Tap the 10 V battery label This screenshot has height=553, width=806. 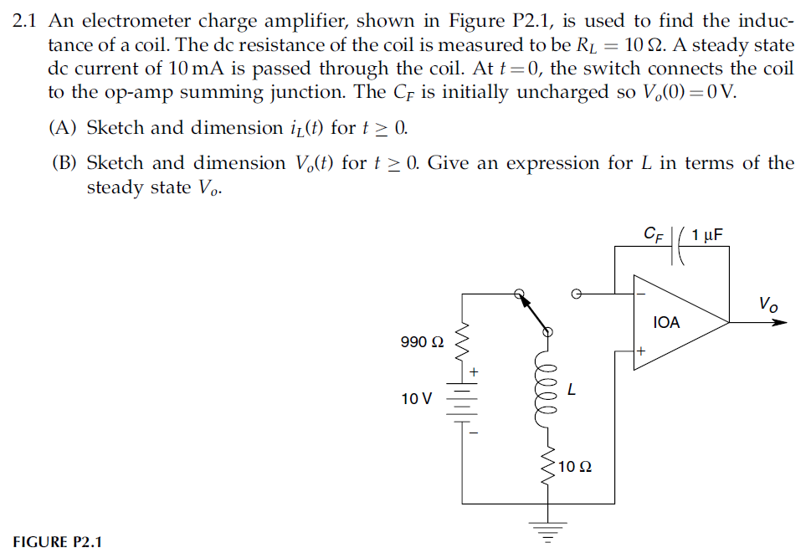coord(416,398)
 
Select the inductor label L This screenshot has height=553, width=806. coord(572,390)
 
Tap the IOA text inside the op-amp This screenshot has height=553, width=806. coord(666,322)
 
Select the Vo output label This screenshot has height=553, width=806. coord(767,303)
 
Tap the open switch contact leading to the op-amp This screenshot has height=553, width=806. coord(575,294)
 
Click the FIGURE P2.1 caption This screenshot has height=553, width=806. coord(57,541)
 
